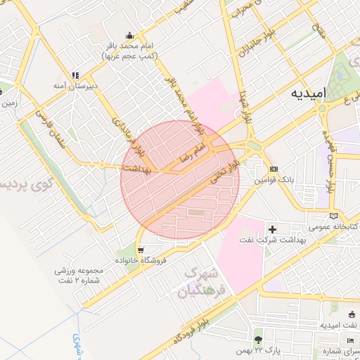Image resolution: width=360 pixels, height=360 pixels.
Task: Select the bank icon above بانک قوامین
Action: (274, 169)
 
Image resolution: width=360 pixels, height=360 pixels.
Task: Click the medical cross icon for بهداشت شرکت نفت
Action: (273, 229)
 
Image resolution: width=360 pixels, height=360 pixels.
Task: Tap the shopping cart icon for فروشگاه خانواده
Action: (143, 250)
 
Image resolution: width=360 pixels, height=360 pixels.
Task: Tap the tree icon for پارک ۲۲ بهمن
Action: (258, 339)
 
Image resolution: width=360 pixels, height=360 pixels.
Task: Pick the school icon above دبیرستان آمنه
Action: (75, 75)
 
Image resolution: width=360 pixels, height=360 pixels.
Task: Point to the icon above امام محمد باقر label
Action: (129, 35)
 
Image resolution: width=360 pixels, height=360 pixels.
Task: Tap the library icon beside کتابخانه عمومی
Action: (333, 215)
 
